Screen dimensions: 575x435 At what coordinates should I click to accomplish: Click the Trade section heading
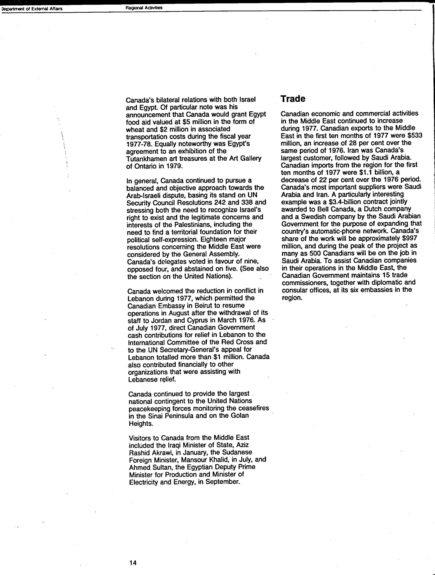(x=293, y=99)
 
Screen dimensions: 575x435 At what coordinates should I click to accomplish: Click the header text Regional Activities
(x=144, y=8)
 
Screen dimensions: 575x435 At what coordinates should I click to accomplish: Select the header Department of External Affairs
(x=32, y=9)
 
